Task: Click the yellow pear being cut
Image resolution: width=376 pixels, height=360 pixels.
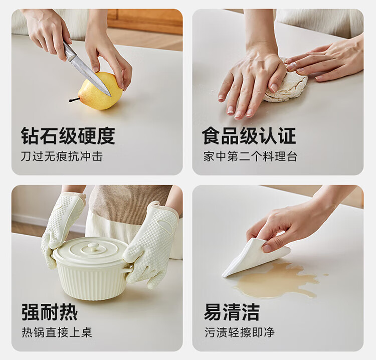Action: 100,91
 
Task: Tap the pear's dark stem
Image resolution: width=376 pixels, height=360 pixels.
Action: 73,100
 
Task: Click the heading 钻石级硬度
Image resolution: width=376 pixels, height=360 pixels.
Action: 68,136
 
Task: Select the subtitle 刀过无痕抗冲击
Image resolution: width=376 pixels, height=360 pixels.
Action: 62,156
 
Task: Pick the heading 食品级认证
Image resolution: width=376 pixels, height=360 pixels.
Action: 249,136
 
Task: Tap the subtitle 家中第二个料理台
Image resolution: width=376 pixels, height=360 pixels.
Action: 250,156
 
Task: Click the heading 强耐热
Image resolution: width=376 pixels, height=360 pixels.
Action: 50,312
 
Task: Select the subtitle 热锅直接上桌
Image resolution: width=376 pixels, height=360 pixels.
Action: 57,332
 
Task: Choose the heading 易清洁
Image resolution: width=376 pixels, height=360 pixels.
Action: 232,312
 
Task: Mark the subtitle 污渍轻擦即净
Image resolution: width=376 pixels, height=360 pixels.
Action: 240,332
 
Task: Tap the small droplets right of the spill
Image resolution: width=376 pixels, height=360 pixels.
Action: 325,275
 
